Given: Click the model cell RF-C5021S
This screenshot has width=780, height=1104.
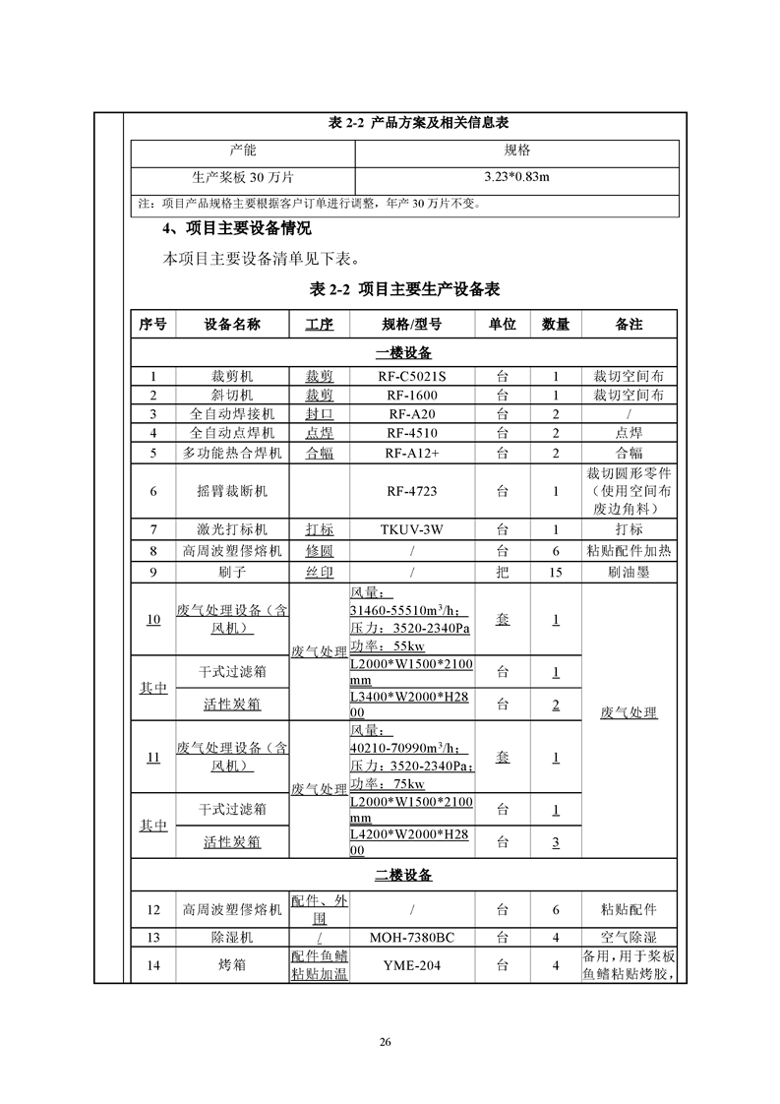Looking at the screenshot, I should tap(411, 375).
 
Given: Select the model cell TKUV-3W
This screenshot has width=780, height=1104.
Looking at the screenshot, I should tap(411, 528).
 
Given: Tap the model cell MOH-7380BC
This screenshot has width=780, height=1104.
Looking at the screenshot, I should tap(411, 937).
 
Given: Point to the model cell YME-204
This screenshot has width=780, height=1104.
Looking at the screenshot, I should tap(411, 965).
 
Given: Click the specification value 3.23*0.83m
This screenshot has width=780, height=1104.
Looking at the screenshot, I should tap(516, 177).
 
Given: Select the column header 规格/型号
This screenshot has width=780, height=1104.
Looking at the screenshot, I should tap(411, 324).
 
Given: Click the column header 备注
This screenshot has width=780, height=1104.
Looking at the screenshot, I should tap(629, 324).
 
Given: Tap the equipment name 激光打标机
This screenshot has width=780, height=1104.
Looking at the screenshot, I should tap(231, 528).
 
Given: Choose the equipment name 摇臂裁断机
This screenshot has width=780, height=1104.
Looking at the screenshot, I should tap(231, 490).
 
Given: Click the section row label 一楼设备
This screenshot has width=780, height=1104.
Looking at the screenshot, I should tap(403, 352).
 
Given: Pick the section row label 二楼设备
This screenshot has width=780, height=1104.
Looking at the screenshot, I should tap(403, 875).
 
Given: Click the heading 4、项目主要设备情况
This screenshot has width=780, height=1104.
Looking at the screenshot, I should tap(236, 229).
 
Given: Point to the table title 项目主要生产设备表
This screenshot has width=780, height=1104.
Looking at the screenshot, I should tap(404, 289).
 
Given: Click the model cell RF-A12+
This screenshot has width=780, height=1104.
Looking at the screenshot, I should tap(411, 453).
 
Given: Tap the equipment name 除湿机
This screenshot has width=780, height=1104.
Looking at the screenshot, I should tap(231, 937).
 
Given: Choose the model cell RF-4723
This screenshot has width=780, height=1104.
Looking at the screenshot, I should tap(411, 490).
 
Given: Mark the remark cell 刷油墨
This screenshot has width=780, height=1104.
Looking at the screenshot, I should tap(629, 572).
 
